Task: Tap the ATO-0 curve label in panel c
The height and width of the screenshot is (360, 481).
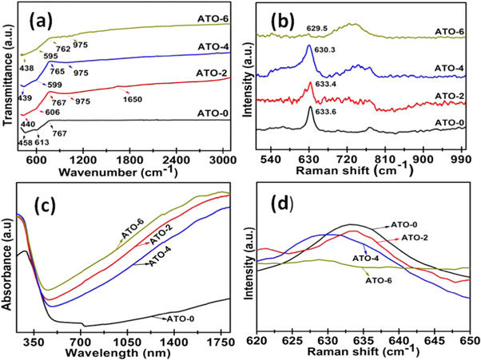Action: click(x=182, y=318)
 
